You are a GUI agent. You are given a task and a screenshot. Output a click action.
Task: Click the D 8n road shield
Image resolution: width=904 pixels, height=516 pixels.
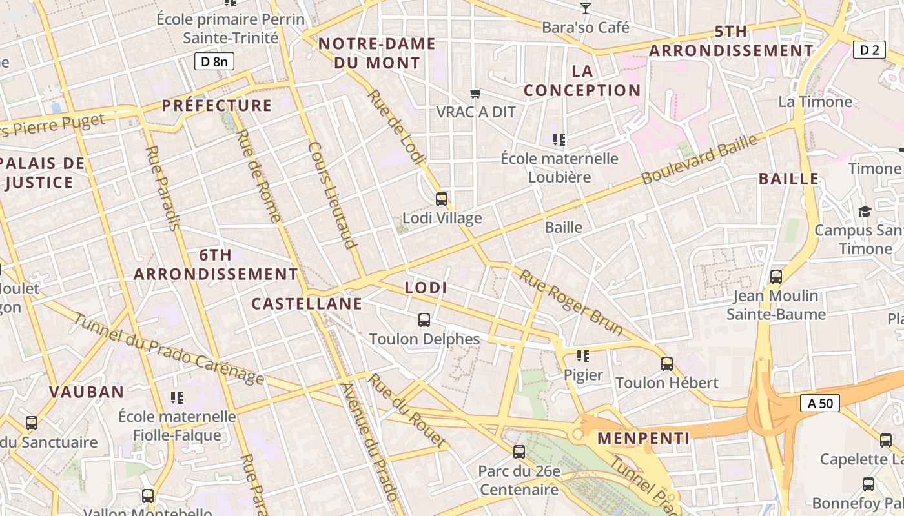pos(214,61)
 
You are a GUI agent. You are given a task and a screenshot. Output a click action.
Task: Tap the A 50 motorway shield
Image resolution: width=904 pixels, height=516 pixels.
pos(820,404)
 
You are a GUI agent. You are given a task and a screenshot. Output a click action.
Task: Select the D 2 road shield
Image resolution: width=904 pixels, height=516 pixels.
pos(868,50)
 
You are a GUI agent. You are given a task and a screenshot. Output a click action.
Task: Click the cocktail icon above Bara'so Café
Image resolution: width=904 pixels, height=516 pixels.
pos(585,8)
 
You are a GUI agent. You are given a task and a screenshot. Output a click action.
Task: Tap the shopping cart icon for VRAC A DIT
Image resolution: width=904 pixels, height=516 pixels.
pos(476,94)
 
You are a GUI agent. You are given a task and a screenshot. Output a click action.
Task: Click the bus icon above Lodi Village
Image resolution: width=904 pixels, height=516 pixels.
pos(442,199)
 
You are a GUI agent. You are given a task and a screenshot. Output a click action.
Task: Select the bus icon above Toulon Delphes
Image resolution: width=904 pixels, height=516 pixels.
pos(424,319)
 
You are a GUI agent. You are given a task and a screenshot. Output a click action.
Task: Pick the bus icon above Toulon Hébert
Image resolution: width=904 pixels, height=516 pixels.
pos(667,364)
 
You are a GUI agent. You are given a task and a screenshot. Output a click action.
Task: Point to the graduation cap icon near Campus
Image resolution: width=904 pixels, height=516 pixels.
pos(864,212)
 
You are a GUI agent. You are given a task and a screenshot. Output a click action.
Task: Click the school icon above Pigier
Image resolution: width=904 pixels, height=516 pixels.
pos(583,355)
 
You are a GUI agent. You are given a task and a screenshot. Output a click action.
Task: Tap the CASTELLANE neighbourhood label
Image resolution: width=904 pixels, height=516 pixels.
pos(307,304)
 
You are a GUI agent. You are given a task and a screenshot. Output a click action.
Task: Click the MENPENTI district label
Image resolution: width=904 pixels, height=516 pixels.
pos(643,439)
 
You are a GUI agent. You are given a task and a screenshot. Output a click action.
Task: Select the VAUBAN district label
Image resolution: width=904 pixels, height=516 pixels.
pos(87,392)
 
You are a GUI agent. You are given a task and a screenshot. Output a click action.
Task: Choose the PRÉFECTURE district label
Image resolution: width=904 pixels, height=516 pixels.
pos(217,105)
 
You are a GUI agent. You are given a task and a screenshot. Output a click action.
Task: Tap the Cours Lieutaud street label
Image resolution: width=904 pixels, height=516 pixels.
pos(333,195)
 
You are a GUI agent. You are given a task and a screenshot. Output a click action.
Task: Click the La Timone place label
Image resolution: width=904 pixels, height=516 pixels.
pos(815,102)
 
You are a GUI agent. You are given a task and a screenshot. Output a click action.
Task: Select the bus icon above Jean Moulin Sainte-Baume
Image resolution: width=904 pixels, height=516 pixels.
pos(776,277)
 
